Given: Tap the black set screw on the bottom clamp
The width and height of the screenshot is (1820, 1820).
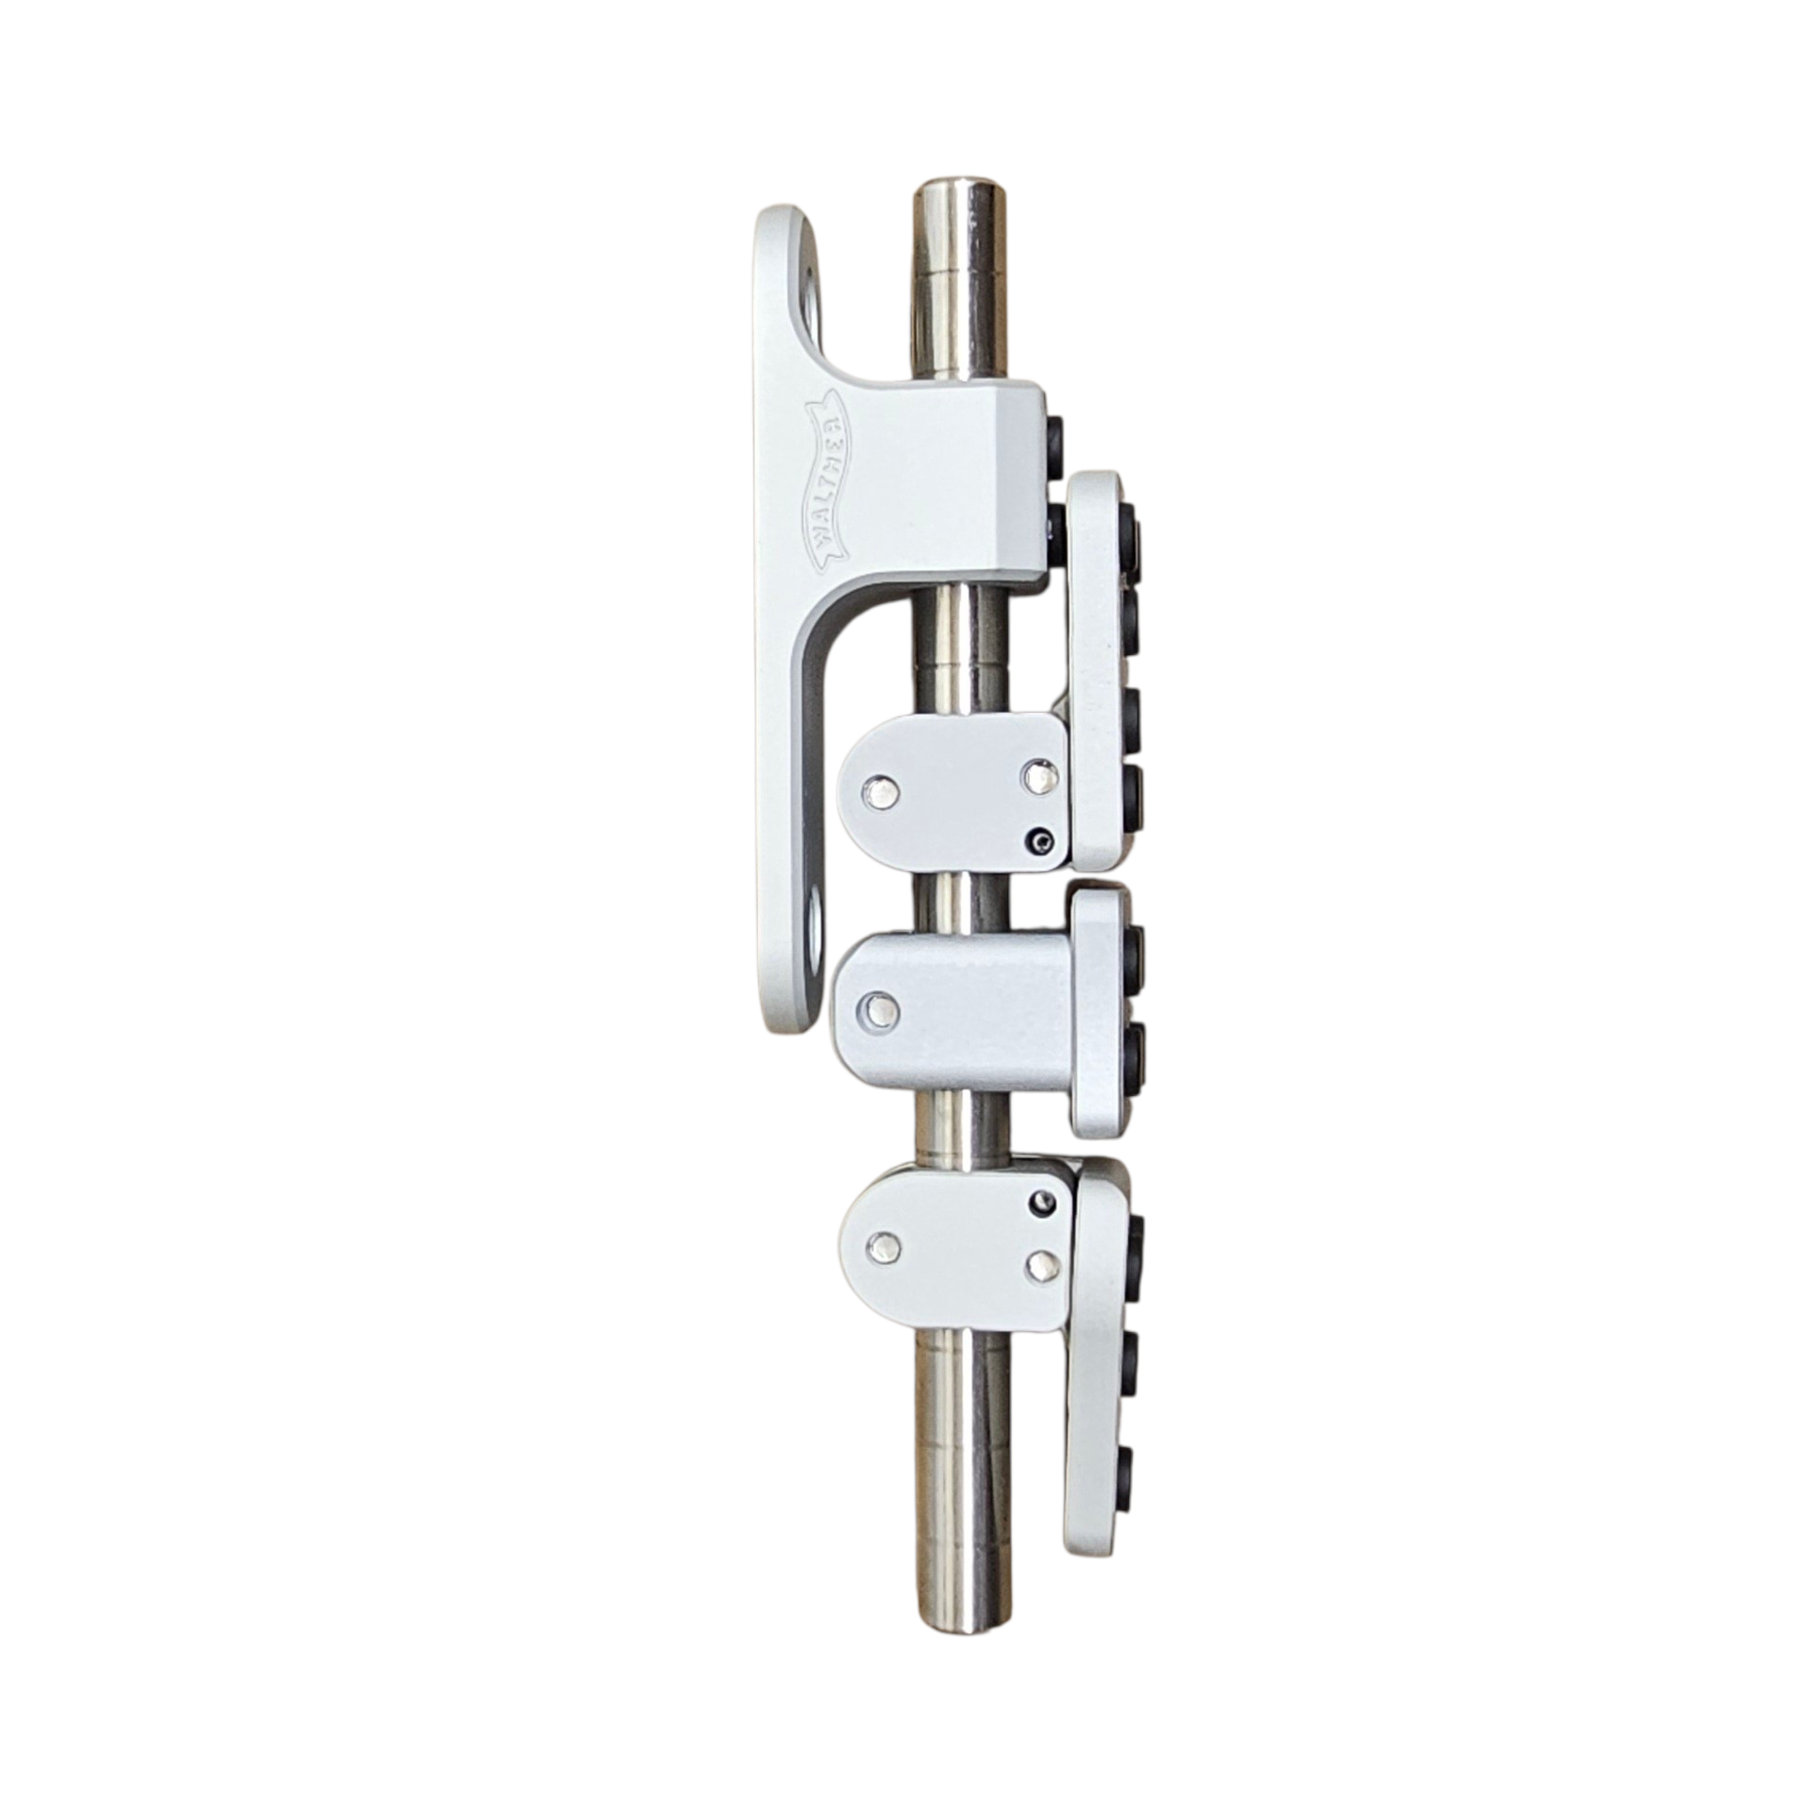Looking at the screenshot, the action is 1043,1201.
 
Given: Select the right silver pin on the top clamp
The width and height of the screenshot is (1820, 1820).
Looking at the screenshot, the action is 1039,773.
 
